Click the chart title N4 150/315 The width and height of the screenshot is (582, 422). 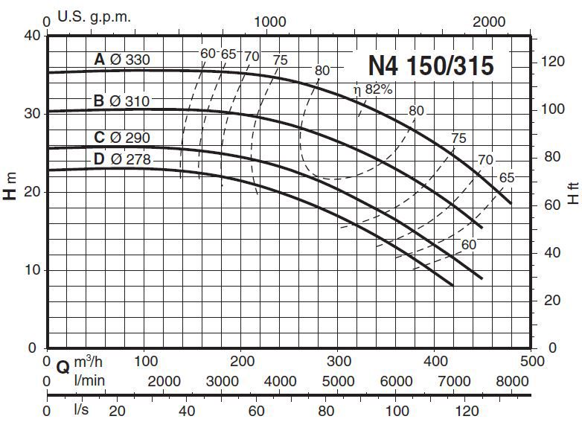pyautogui.click(x=430, y=66)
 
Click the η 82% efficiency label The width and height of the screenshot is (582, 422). pyautogui.click(x=372, y=91)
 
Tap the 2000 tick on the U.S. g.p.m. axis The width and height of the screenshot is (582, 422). pyautogui.click(x=490, y=22)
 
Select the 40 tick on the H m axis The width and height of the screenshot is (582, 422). pyautogui.click(x=31, y=35)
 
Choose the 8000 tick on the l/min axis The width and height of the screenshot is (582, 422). pyautogui.click(x=512, y=381)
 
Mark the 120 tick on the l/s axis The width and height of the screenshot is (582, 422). pyautogui.click(x=466, y=409)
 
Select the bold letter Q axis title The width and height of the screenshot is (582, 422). pyautogui.click(x=63, y=365)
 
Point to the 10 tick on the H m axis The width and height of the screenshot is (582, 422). pyautogui.click(x=31, y=269)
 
